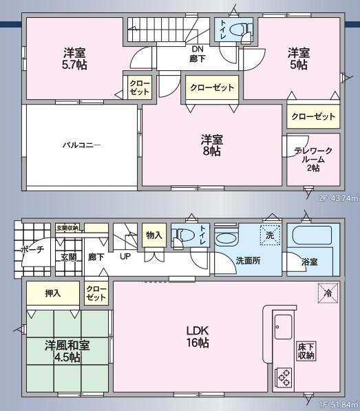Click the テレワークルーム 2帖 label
313,159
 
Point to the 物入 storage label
154,235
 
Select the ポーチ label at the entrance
32,250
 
